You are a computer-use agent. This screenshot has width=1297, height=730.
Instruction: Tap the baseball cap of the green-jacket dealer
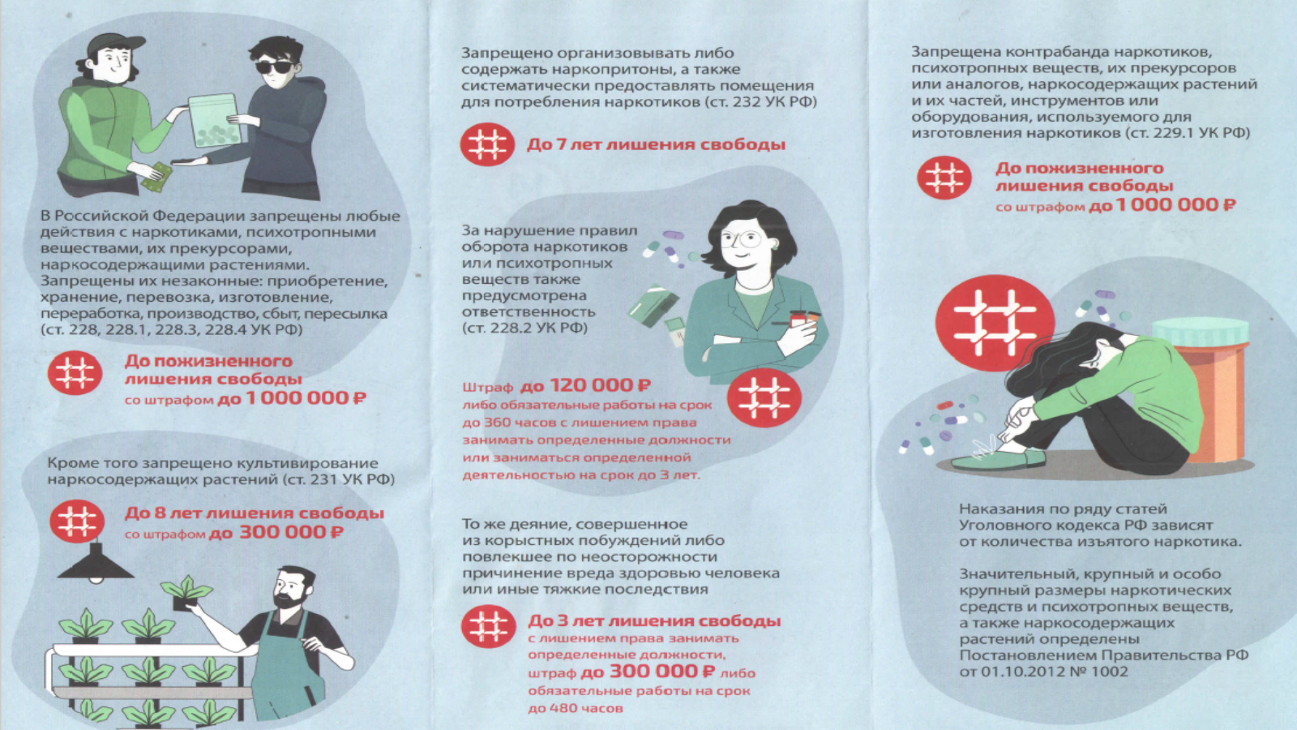coord(115,45)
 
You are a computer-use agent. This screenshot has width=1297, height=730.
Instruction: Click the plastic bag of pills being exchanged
coord(215,121)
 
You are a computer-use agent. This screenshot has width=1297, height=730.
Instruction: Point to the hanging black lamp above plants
coord(96,563)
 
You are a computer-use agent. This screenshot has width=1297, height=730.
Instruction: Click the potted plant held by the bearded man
coord(186,592)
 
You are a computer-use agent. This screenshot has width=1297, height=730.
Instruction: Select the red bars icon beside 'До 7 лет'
coord(487,144)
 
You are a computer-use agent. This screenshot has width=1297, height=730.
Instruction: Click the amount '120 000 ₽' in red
coord(600,385)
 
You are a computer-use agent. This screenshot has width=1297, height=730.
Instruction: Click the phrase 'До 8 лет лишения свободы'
coord(255,513)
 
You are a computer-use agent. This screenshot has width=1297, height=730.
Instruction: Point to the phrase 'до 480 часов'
coord(576,708)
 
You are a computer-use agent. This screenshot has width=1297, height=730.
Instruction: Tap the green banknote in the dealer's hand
coord(156,176)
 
